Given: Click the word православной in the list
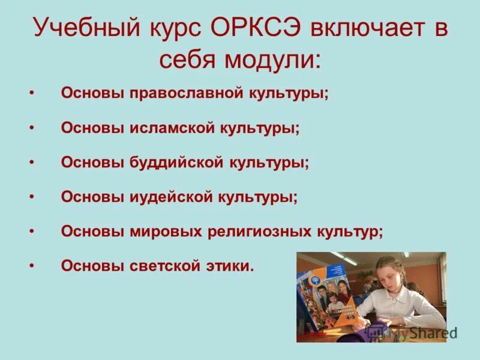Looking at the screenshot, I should click(190, 94).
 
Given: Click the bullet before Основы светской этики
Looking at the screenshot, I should click(31, 266).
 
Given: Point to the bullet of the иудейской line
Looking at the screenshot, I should click(31, 197).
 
